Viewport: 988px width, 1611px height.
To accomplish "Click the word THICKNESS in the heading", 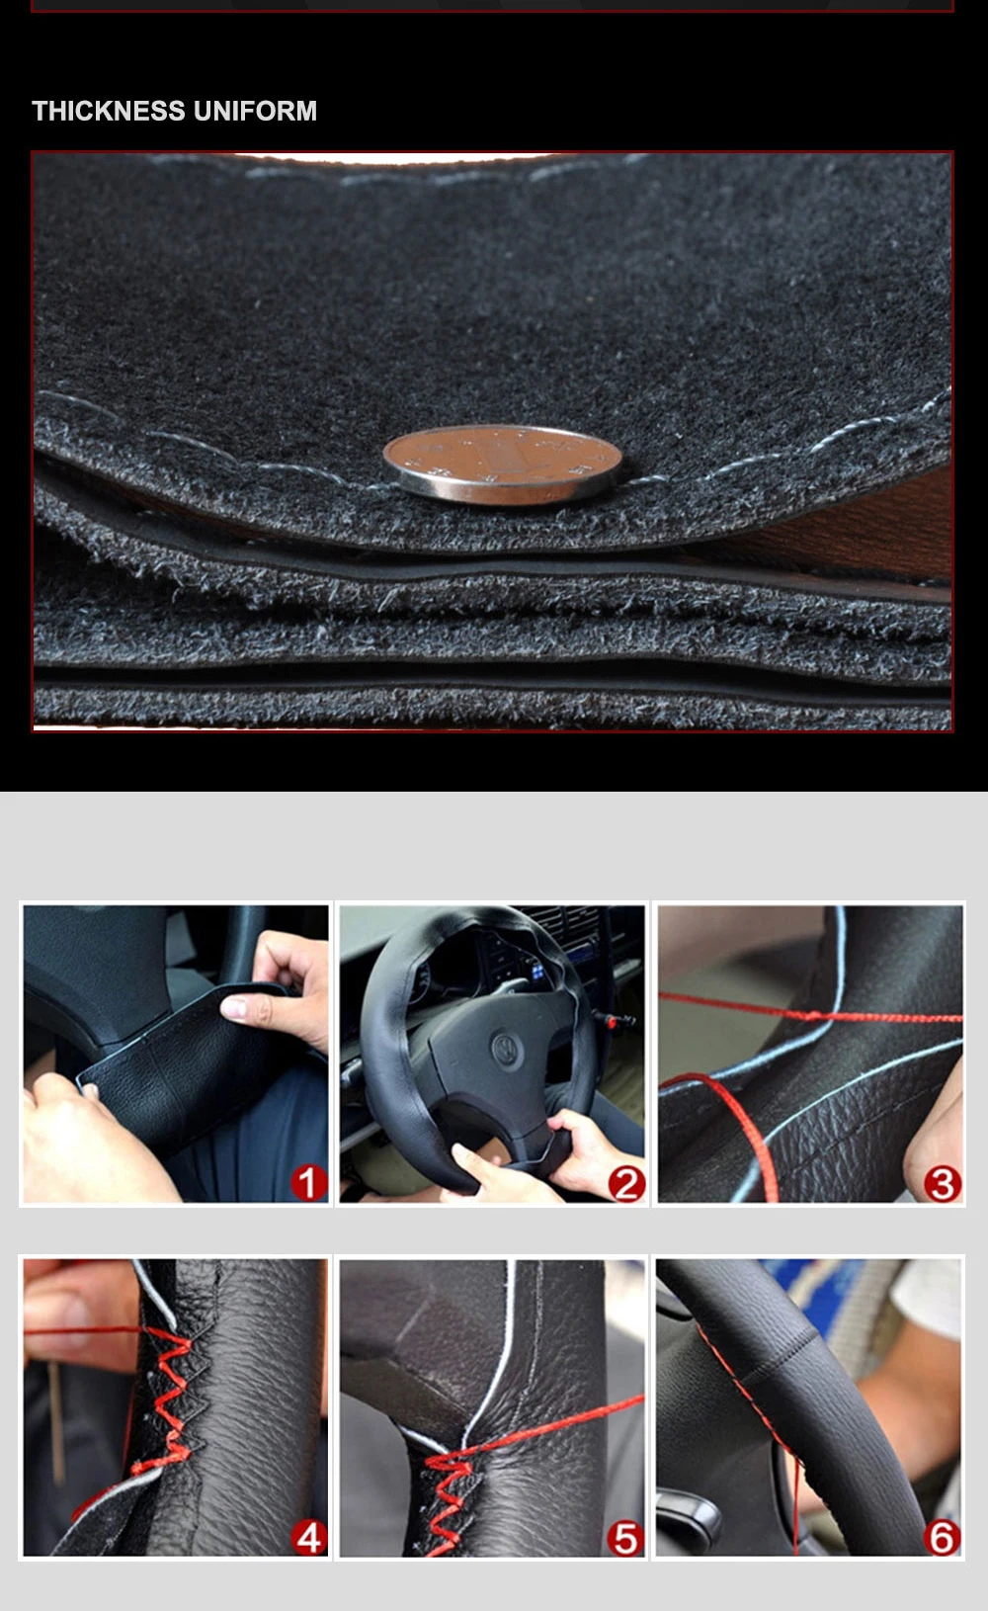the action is (109, 111).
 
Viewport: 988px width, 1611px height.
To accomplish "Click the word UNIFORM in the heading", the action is (255, 111).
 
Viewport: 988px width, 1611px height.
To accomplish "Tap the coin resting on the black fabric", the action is (502, 464).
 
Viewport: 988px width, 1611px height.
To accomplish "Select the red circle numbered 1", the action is (309, 1183).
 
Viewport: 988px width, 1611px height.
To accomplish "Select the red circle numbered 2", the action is (626, 1184).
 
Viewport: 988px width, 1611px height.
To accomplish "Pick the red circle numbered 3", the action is (943, 1184).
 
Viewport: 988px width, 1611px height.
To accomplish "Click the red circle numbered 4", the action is (309, 1537).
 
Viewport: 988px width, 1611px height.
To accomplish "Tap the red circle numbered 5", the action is (625, 1538).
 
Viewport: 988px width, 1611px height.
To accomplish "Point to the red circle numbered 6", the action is (942, 1538).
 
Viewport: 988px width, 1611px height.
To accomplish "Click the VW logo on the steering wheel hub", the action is (508, 1048).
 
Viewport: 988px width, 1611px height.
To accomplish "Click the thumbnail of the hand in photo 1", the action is (234, 1007).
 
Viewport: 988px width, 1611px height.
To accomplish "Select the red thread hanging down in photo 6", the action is (795, 1496).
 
